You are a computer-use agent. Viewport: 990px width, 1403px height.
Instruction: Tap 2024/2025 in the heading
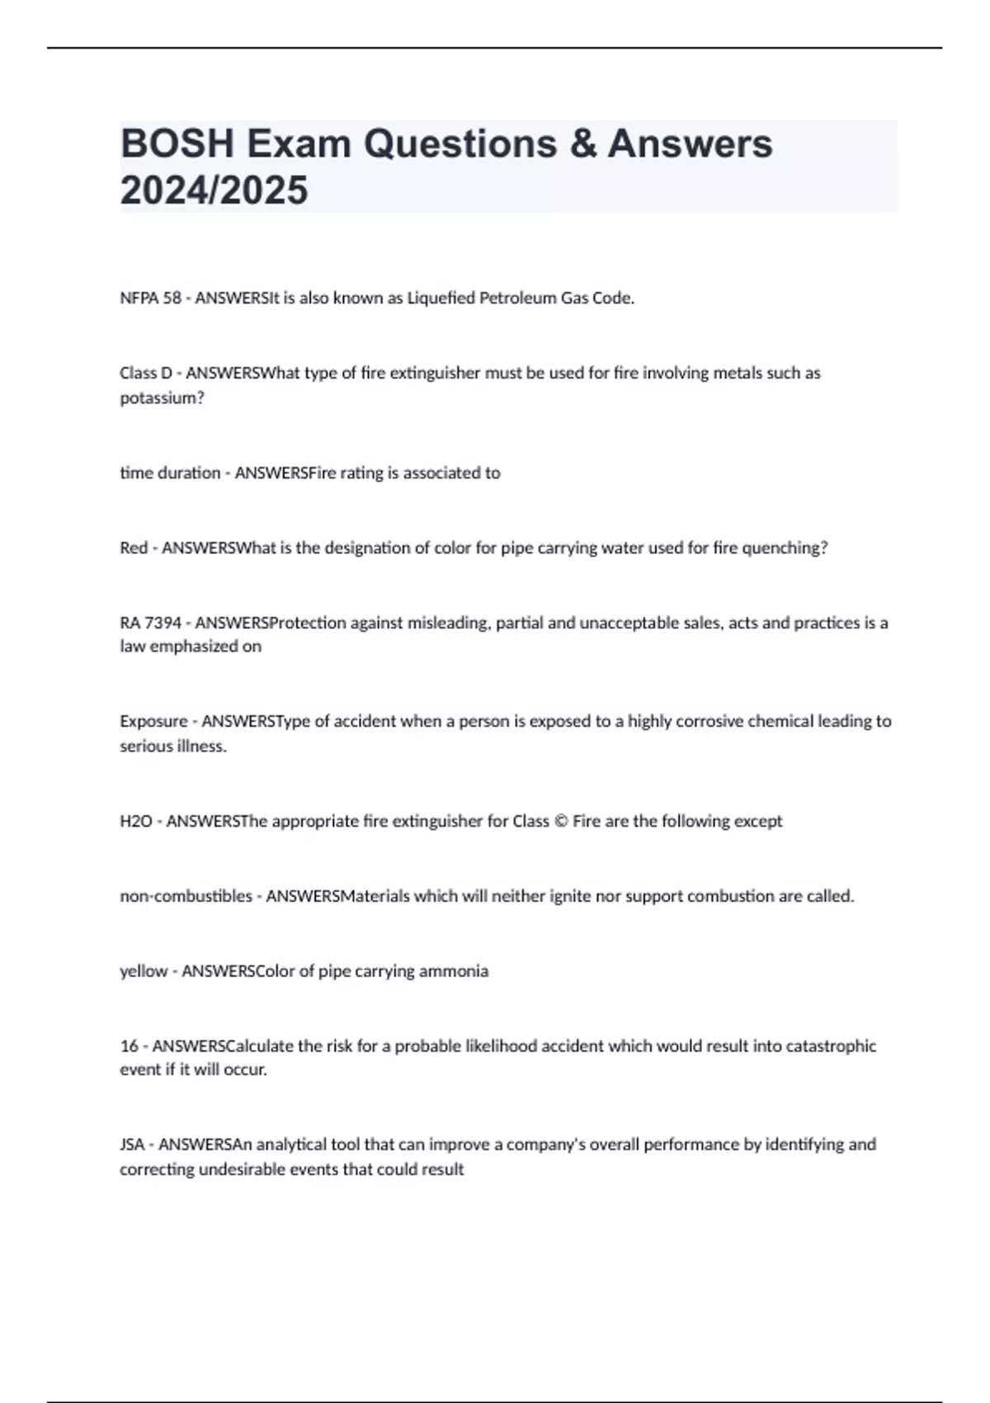tap(214, 190)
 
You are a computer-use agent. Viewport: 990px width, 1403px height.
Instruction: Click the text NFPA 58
tap(150, 298)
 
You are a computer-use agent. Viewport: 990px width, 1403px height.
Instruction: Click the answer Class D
tap(146, 373)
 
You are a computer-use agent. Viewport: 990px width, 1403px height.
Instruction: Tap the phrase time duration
tap(170, 473)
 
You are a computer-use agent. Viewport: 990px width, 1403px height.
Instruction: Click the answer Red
tap(134, 548)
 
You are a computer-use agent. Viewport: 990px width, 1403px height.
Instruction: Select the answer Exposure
tap(153, 721)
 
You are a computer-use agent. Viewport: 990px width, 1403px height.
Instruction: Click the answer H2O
tap(136, 821)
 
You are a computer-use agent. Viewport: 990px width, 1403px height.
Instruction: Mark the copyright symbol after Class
tap(560, 821)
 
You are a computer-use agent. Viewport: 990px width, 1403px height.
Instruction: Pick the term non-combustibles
tap(186, 896)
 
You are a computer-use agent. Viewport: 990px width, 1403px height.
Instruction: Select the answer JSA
tap(132, 1145)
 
